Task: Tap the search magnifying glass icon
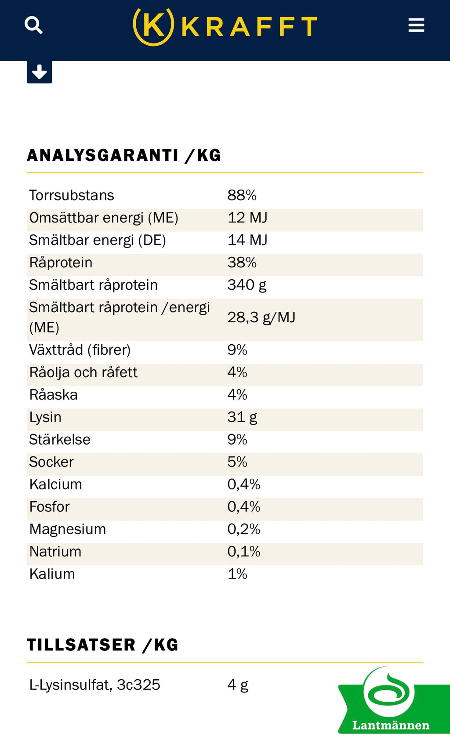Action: tap(33, 25)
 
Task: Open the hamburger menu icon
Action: tap(416, 25)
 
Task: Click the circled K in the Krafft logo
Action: tap(153, 26)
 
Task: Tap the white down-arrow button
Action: tap(40, 72)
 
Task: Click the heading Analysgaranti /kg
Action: tap(124, 155)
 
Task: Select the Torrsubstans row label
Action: tap(72, 195)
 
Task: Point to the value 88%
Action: tap(242, 195)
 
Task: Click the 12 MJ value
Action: tap(247, 218)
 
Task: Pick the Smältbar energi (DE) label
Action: tap(98, 241)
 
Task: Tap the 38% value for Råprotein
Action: tap(242, 262)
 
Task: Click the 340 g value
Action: tap(247, 285)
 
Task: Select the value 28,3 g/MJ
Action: tap(261, 317)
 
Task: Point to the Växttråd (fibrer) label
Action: tap(80, 350)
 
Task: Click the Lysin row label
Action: tap(45, 417)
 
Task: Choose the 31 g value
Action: tap(242, 417)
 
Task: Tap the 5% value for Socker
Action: tap(237, 462)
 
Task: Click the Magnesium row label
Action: tap(68, 529)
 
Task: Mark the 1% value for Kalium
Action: tap(237, 574)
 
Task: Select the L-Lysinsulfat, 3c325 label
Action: tap(95, 685)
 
